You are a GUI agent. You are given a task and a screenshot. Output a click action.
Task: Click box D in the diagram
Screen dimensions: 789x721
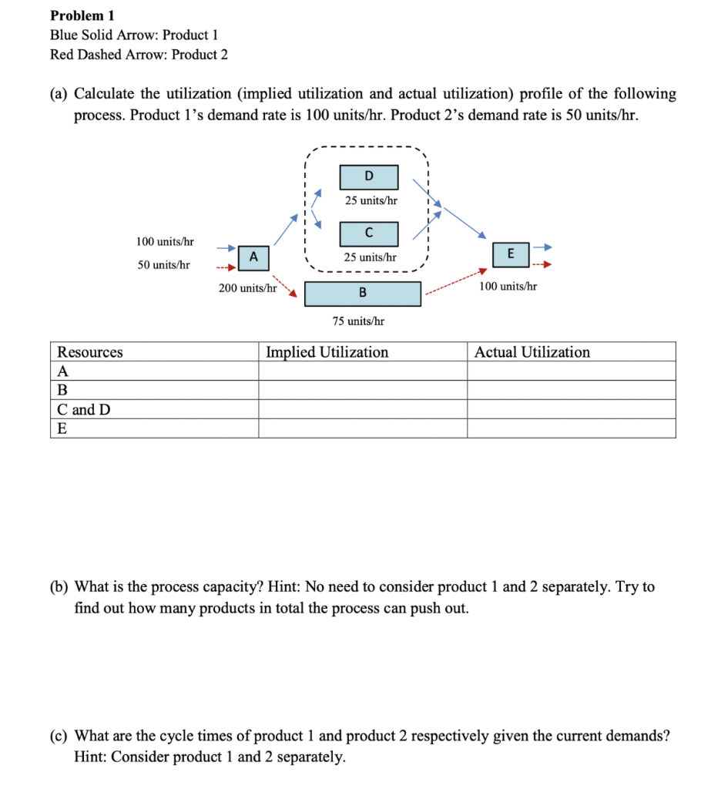pyautogui.click(x=369, y=176)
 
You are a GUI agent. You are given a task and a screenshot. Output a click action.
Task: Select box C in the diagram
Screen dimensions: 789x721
pyautogui.click(x=369, y=233)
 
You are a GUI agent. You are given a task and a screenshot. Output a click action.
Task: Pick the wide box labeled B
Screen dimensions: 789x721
pyautogui.click(x=363, y=294)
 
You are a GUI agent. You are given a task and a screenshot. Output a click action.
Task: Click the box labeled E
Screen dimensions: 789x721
pyautogui.click(x=512, y=253)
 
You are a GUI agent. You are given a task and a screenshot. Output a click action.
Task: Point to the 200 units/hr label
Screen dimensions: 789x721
pyautogui.click(x=246, y=288)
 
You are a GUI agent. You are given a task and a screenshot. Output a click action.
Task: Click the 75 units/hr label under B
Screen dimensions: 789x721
pyautogui.click(x=359, y=321)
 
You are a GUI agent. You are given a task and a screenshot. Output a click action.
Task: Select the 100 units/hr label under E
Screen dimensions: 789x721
pyautogui.click(x=508, y=286)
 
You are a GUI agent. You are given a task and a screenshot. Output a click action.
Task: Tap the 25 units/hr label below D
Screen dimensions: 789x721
pyautogui.click(x=371, y=200)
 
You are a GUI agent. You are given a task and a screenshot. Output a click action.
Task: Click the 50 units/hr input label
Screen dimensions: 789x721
pyautogui.click(x=163, y=264)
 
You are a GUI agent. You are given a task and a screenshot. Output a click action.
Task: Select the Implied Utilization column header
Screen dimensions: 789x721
pyautogui.click(x=327, y=352)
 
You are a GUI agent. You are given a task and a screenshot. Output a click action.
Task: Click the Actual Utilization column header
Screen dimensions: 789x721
pyautogui.click(x=532, y=352)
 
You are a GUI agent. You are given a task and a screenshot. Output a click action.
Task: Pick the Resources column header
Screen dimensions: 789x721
pyautogui.click(x=90, y=352)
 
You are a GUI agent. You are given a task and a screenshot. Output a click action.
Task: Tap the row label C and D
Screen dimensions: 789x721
pyautogui.click(x=84, y=409)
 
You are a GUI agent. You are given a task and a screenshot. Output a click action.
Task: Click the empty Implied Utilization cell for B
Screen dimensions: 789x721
pyautogui.click(x=362, y=390)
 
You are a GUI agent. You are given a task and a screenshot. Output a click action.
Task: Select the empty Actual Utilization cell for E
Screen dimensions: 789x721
pyautogui.click(x=571, y=428)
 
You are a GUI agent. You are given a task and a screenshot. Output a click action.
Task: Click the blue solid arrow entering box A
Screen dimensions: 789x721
pyautogui.click(x=225, y=248)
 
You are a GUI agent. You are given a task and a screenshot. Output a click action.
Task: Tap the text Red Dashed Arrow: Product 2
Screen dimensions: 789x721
pyautogui.click(x=139, y=55)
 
